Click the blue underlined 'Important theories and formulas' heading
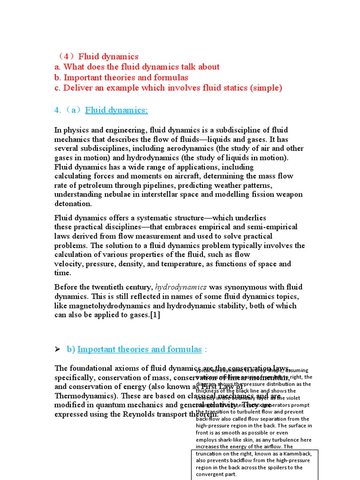point(139,349)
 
